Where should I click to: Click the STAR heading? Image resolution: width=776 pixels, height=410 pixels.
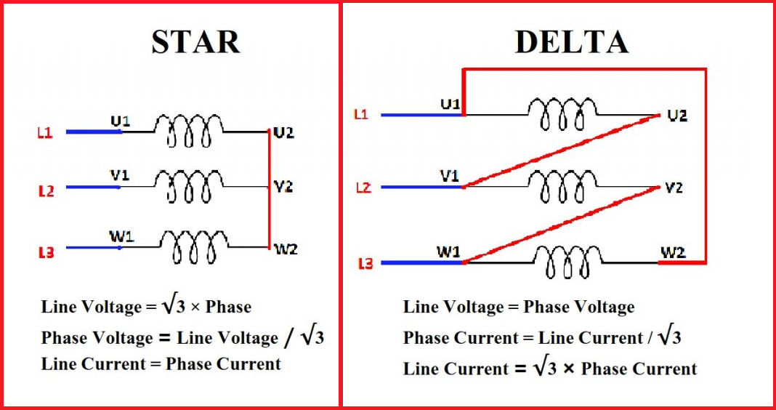click(x=195, y=42)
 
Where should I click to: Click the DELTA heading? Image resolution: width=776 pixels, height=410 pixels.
click(x=571, y=42)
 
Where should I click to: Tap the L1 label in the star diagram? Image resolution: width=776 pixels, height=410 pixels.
click(x=45, y=134)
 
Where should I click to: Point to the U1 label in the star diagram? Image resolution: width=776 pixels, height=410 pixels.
click(x=120, y=120)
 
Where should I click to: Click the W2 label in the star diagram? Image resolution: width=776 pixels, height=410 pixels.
click(x=285, y=249)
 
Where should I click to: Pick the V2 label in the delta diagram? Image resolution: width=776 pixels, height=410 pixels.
click(x=674, y=188)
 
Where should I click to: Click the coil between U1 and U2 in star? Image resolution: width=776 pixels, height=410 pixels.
click(x=188, y=132)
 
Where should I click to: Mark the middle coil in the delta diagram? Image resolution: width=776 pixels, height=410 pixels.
click(x=561, y=188)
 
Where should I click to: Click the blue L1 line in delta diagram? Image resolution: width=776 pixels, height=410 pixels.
click(x=421, y=115)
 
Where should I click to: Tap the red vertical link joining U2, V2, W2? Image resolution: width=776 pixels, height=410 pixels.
click(x=269, y=190)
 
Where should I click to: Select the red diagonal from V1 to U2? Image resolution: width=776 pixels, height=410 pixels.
click(x=559, y=150)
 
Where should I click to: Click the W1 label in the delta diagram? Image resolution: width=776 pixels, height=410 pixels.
click(x=448, y=251)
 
